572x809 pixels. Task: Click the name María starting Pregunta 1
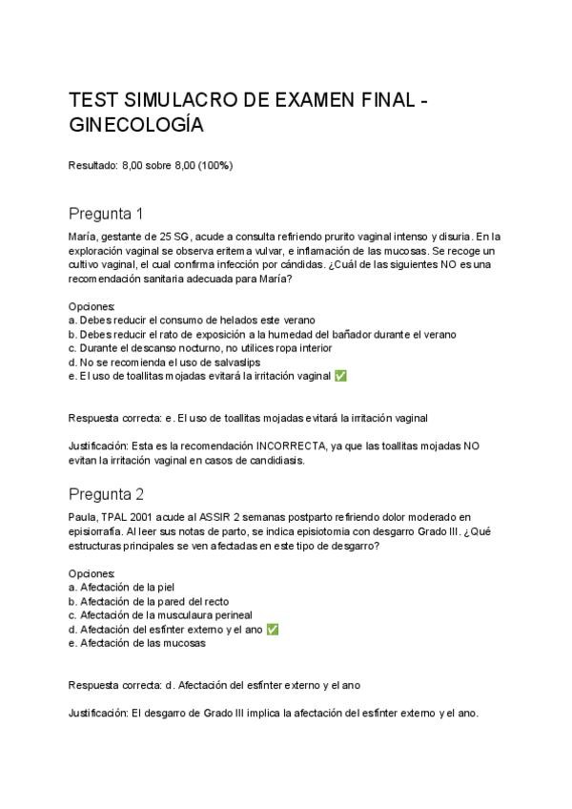[83, 236]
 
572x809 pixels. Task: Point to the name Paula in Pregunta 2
[84, 516]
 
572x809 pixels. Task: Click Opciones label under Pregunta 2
[92, 572]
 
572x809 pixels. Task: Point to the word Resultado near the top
[92, 165]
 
